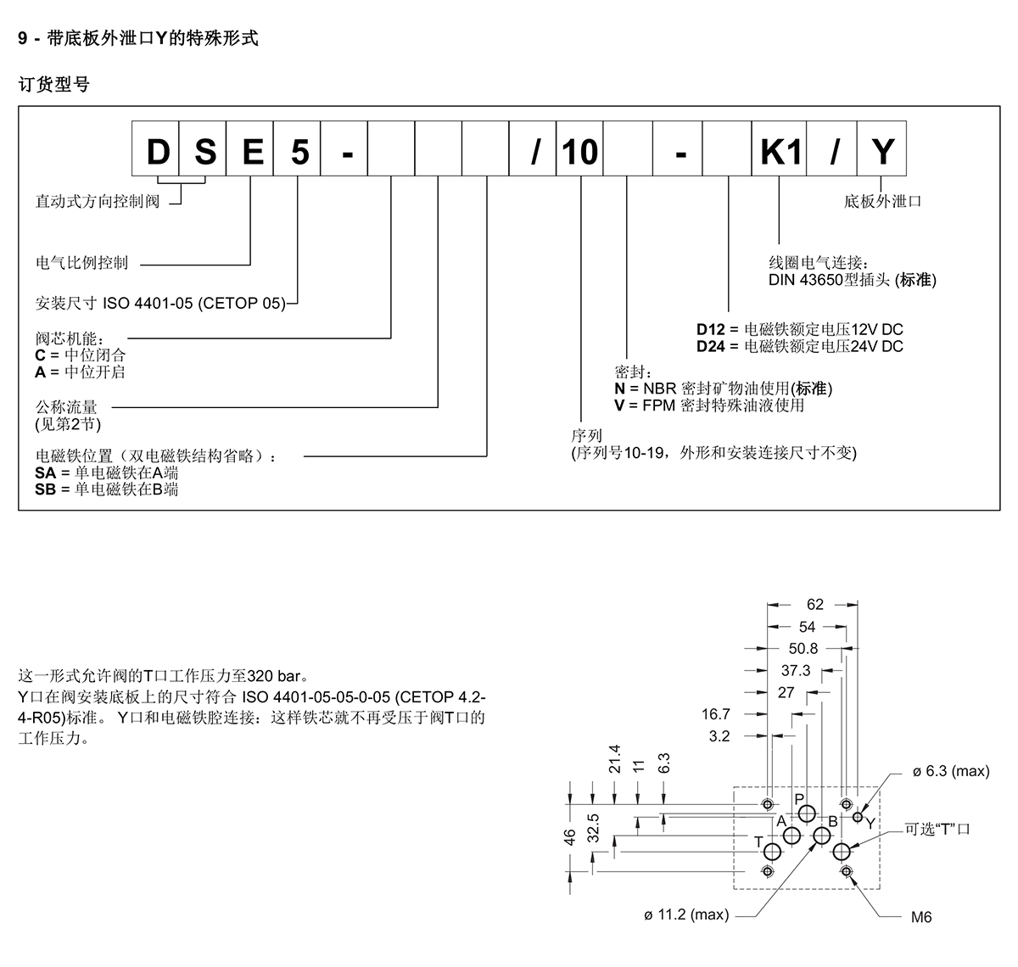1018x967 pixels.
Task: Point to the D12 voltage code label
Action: coord(711,329)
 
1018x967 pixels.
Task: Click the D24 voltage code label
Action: coord(711,346)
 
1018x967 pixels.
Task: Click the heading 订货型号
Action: coord(54,85)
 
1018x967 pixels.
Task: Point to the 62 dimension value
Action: coord(815,605)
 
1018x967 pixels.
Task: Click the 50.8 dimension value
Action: coord(803,649)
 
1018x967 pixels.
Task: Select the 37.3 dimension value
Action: coord(795,671)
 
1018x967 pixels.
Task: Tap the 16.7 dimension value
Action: coord(716,715)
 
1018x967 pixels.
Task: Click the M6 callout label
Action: coord(921,918)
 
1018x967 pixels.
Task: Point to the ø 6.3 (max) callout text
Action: coord(951,771)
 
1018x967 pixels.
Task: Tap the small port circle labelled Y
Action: coord(859,817)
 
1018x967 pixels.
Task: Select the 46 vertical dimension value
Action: coord(571,836)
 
